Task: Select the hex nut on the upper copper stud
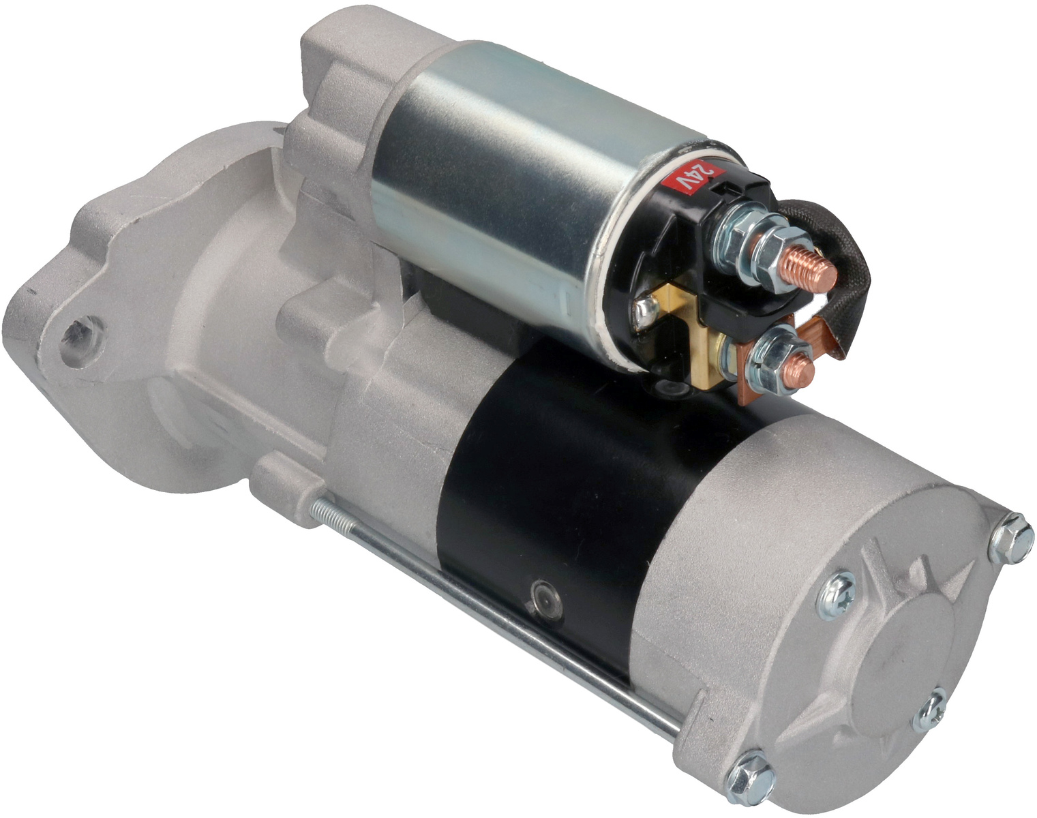coord(777,255)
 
